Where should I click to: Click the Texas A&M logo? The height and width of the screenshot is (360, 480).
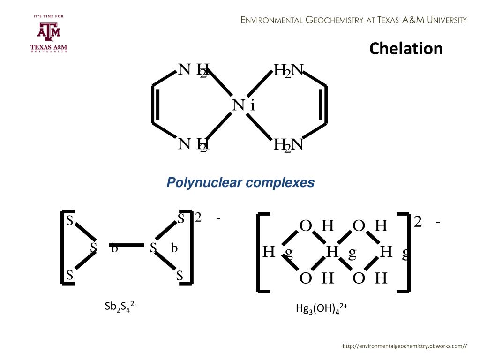click(x=49, y=34)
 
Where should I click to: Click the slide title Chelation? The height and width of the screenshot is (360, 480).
click(x=405, y=49)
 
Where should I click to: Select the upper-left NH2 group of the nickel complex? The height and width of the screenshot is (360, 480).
click(x=193, y=70)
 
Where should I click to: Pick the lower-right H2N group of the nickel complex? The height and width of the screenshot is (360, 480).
click(x=289, y=145)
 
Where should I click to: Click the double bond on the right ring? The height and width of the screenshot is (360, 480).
click(x=323, y=105)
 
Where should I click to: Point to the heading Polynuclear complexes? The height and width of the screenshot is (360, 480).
click(x=240, y=182)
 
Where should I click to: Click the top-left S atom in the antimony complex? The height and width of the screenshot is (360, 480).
click(x=69, y=220)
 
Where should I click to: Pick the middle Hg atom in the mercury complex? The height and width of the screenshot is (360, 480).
click(x=341, y=252)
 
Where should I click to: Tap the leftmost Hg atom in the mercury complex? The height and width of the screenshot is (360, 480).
click(x=277, y=252)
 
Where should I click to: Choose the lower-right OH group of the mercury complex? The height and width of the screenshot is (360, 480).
click(x=369, y=278)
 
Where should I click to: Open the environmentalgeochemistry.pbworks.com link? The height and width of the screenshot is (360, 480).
click(x=405, y=346)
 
